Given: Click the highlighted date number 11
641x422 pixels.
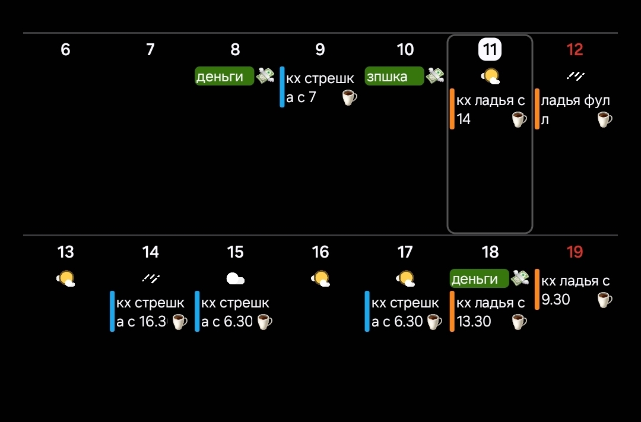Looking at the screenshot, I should (490, 50).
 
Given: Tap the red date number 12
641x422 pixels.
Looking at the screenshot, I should (575, 50).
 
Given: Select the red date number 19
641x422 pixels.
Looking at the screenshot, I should (575, 252).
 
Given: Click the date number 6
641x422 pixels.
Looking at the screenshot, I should (65, 50).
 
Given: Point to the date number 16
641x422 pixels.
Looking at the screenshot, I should (320, 252).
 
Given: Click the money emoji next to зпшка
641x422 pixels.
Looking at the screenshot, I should (436, 75).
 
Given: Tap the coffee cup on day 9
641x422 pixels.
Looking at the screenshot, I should (350, 97).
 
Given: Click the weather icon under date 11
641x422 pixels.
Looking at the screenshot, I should (490, 76).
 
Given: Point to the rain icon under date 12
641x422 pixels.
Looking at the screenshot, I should (575, 75).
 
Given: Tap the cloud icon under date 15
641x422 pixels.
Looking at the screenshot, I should (236, 278).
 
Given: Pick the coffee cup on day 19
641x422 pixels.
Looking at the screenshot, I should (604, 300).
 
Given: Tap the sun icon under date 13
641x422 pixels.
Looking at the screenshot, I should (66, 278).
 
